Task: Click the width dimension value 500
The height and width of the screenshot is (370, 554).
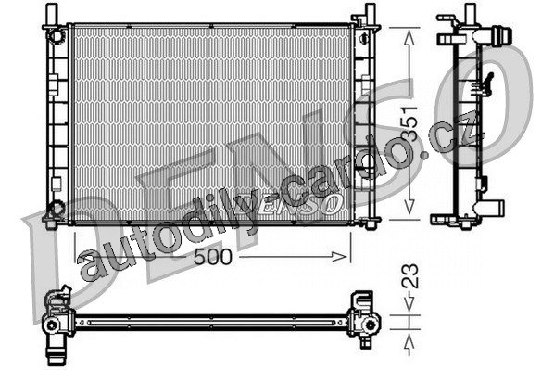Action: coord(213,257)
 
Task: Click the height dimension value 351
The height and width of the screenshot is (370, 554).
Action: coord(410,122)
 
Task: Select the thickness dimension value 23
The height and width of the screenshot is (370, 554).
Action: coord(410,276)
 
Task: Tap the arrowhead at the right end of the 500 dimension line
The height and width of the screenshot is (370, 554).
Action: coord(339,257)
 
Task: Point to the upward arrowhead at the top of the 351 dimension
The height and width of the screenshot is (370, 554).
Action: coord(409,38)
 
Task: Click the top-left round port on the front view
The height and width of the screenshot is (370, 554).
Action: coord(56,36)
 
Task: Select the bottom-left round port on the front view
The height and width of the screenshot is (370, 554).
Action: coord(55,208)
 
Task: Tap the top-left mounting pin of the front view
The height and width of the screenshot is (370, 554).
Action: coord(52,14)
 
